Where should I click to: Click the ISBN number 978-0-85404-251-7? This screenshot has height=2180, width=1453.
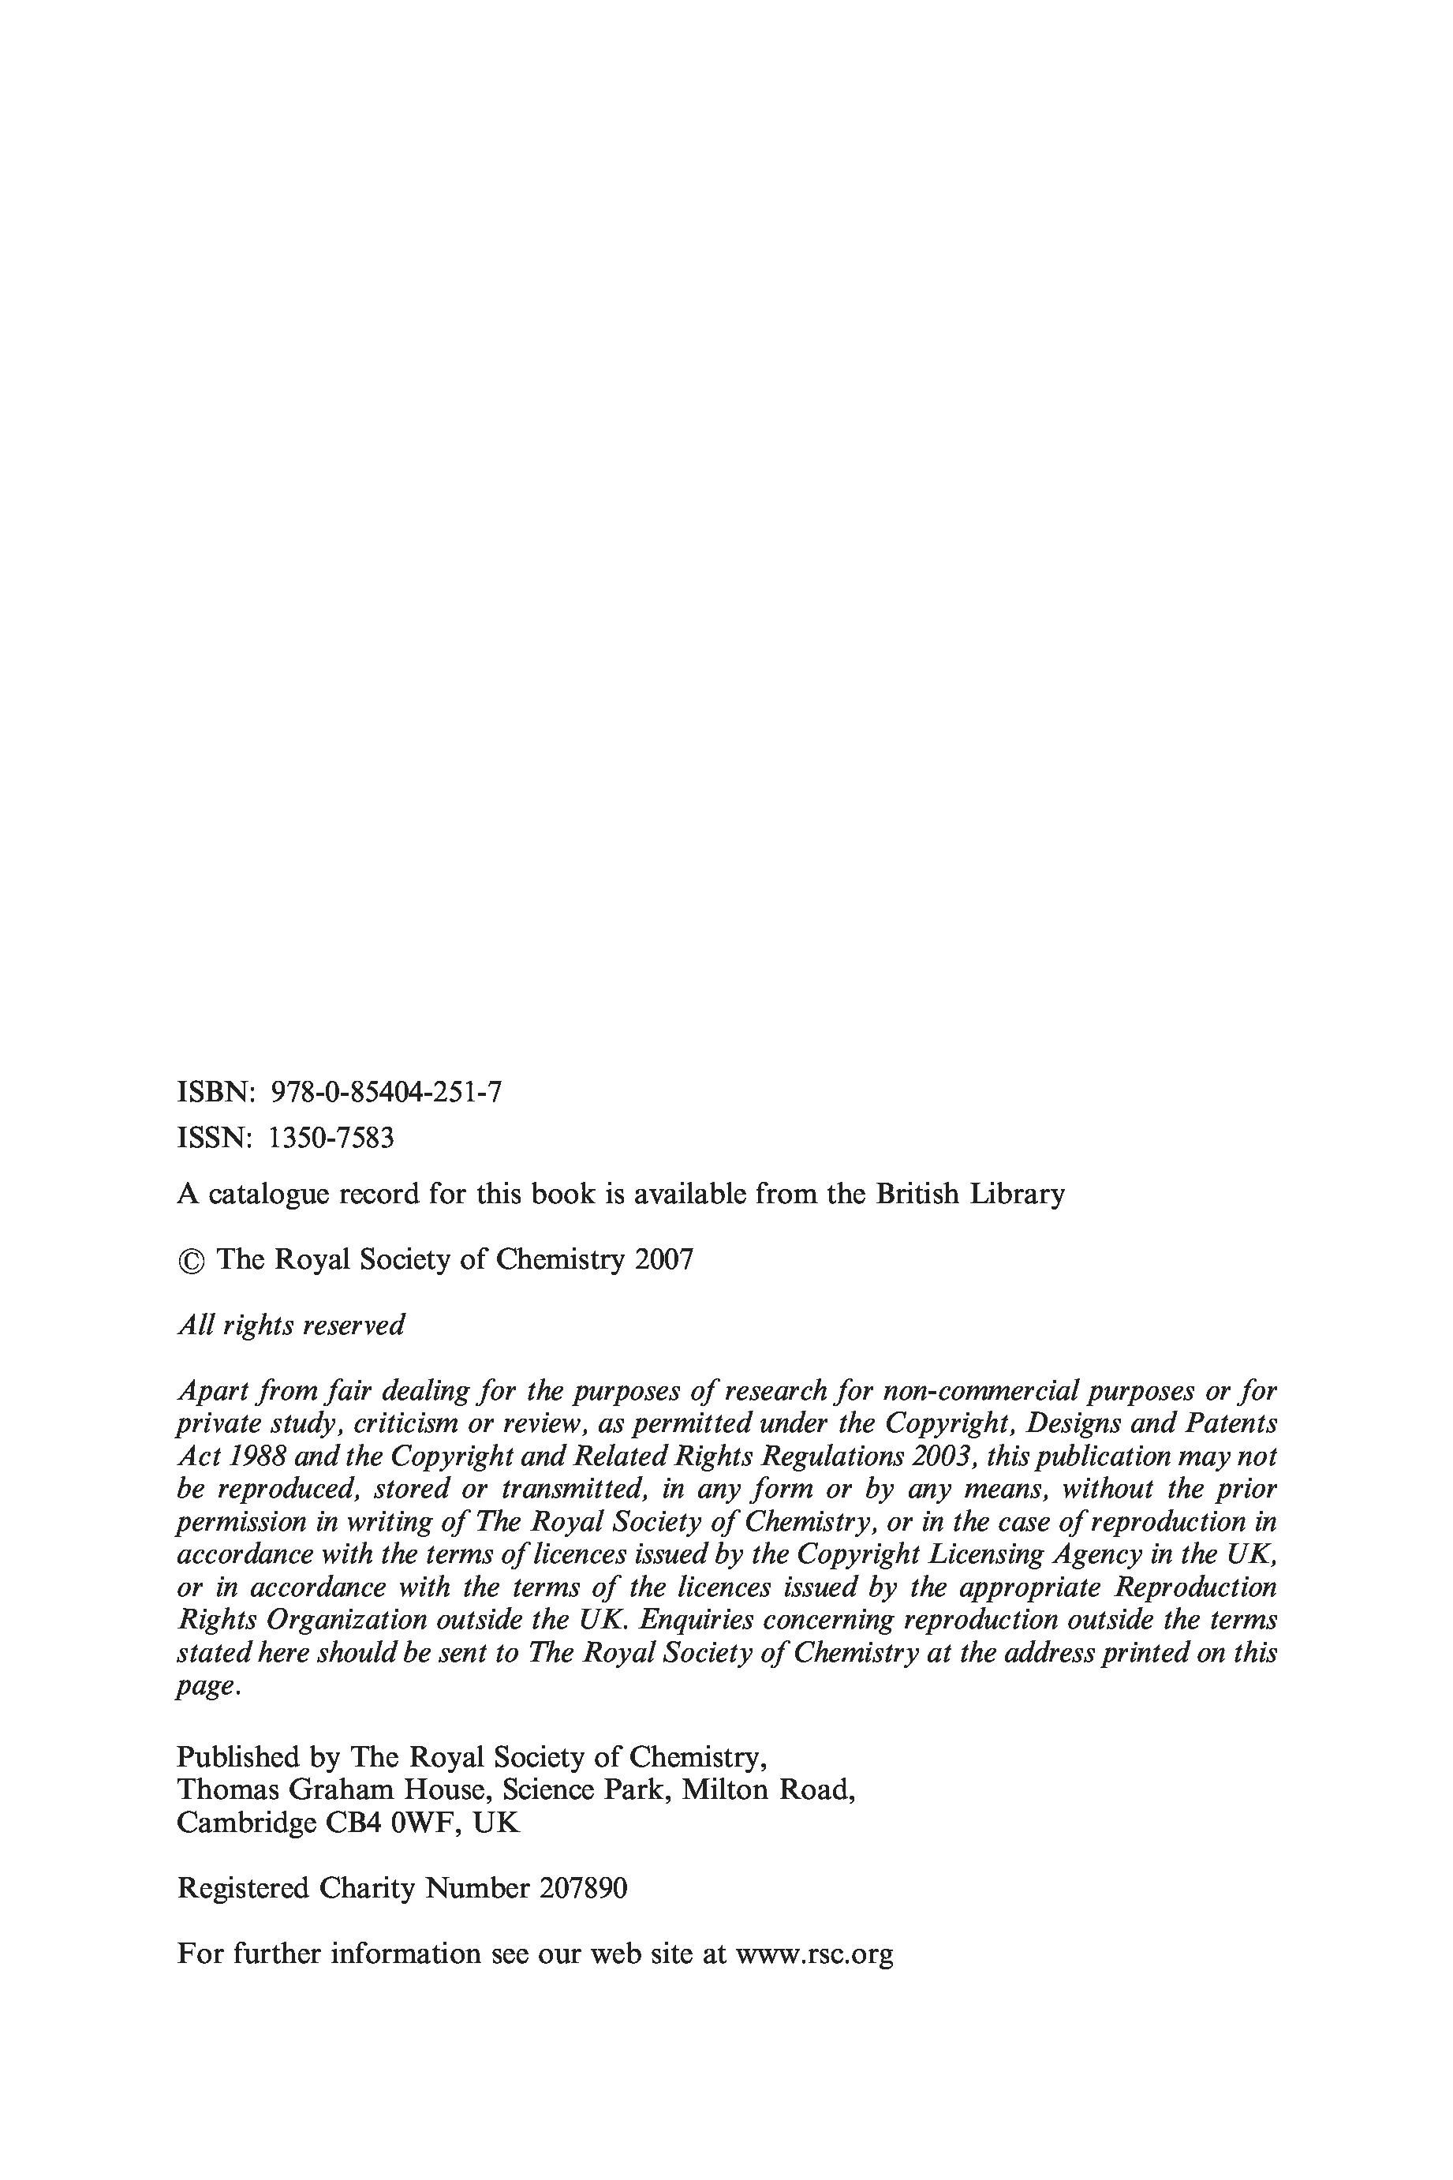[x=386, y=1092]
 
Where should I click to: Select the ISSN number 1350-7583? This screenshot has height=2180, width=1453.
[x=331, y=1137]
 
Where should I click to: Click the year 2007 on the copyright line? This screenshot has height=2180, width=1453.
[x=663, y=1258]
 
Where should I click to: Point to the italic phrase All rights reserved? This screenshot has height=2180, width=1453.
[x=291, y=1325]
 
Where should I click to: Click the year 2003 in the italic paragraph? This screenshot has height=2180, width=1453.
[x=942, y=1456]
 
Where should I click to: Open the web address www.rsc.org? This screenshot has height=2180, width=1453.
[x=813, y=1954]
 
